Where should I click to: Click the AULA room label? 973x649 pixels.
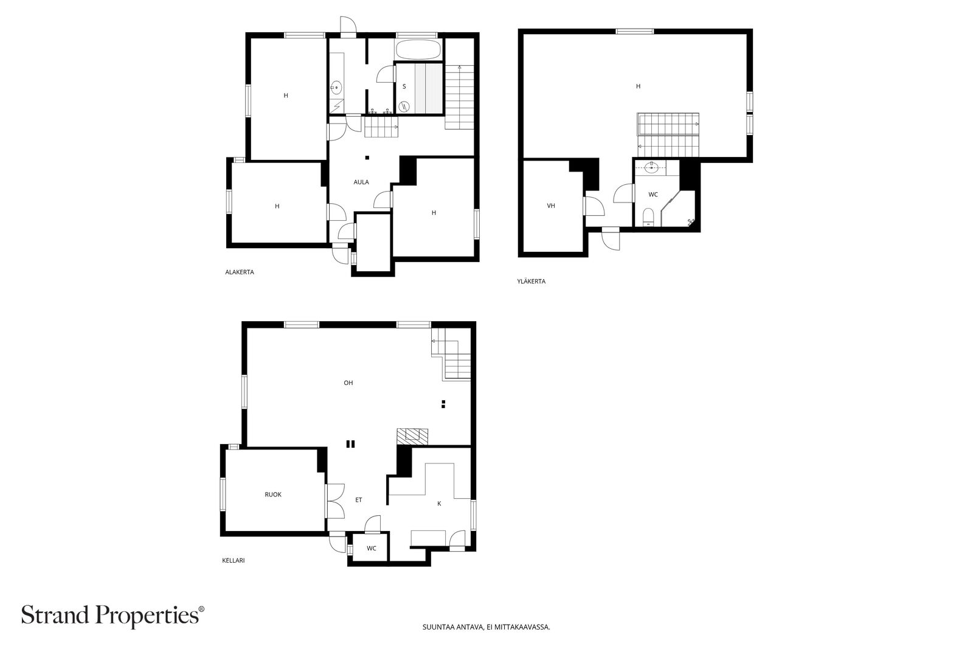(x=361, y=182)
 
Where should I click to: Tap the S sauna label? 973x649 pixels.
(x=404, y=86)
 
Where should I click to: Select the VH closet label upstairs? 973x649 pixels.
(x=551, y=206)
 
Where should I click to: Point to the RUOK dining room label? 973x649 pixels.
(x=273, y=495)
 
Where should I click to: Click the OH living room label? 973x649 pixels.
(x=348, y=383)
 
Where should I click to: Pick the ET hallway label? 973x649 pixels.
(x=358, y=500)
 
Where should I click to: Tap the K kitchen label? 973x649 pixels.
(x=439, y=504)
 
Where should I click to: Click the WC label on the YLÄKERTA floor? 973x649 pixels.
(x=653, y=194)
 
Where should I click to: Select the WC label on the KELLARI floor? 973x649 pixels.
(x=372, y=548)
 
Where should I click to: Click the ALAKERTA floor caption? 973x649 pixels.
(x=240, y=272)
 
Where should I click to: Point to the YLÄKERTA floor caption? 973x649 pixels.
(x=532, y=281)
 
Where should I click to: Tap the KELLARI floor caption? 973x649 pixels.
(x=234, y=560)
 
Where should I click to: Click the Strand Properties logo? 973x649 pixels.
(x=113, y=616)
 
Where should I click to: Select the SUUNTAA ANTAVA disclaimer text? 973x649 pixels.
(x=486, y=627)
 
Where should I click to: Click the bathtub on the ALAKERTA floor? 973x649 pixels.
(x=418, y=50)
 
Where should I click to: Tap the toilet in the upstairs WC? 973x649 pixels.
(x=648, y=217)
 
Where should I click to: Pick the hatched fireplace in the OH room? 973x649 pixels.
(x=412, y=437)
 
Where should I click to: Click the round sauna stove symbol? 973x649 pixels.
(x=404, y=106)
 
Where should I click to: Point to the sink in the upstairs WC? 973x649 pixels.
(x=651, y=167)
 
